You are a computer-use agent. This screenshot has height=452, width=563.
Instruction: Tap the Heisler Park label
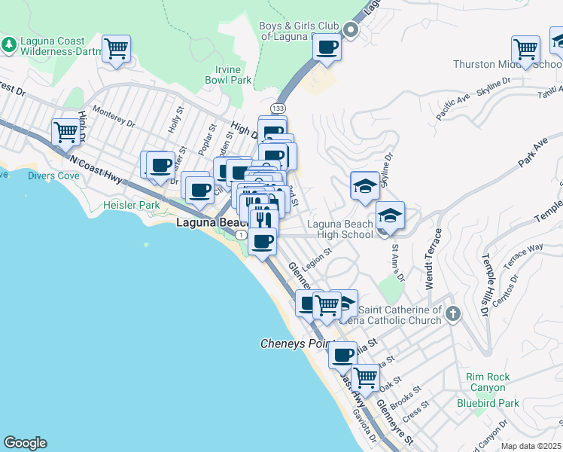point(132,205)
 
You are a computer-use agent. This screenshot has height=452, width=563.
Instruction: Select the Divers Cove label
point(53,176)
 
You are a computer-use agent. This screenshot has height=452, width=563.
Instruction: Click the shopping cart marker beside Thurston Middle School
point(525,50)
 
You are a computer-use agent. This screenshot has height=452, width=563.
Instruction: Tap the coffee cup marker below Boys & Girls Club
point(326,47)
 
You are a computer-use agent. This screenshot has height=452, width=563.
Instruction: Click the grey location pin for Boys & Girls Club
point(349,30)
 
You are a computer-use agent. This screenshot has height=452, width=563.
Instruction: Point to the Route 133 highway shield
point(278,109)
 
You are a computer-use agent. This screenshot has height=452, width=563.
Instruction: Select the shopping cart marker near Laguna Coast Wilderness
point(116,49)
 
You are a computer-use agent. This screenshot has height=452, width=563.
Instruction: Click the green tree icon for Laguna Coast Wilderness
point(9,44)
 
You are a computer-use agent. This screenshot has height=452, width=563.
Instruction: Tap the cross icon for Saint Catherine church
point(452,314)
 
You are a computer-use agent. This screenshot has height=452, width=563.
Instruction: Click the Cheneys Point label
point(292,344)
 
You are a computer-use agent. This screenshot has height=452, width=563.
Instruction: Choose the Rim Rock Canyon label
point(487,382)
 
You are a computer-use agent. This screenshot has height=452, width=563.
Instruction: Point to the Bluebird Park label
point(487,403)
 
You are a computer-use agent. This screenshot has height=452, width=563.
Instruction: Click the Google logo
point(25,443)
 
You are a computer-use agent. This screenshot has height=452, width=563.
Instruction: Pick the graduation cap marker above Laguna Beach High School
point(364,185)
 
